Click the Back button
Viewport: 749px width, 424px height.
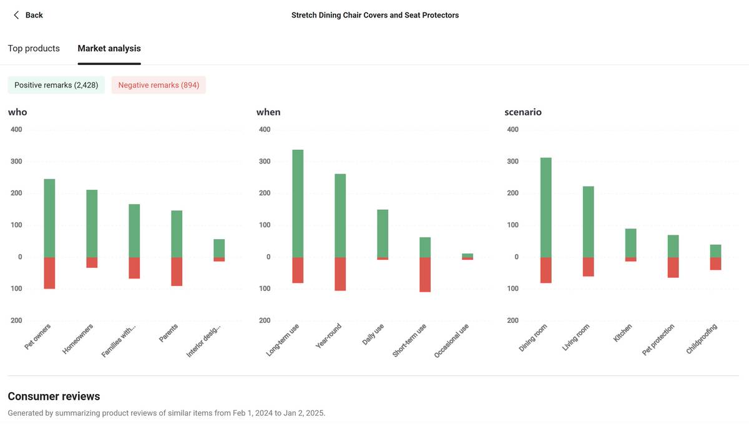pos(28,15)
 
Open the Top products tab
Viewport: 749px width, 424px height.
pos(34,48)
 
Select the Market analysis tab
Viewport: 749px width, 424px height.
pos(109,48)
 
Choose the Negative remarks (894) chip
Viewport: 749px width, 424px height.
pos(159,85)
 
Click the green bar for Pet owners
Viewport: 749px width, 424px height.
pos(49,218)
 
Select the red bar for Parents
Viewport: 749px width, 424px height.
pos(177,272)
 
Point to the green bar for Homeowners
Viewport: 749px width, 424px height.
pos(92,224)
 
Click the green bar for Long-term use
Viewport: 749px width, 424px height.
pos(298,204)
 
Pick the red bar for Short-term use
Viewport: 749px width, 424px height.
pos(425,274)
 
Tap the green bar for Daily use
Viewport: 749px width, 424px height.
pos(383,233)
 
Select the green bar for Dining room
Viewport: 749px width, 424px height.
pos(546,207)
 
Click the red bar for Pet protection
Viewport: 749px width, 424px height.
pos(673,267)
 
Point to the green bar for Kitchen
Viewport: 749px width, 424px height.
pos(631,243)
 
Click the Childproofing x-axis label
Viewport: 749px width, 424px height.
pos(702,339)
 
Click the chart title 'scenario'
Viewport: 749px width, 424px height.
pos(523,112)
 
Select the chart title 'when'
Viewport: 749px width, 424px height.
pos(268,112)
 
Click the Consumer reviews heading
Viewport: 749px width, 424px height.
pos(54,396)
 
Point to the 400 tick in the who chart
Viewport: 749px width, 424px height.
pos(16,129)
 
